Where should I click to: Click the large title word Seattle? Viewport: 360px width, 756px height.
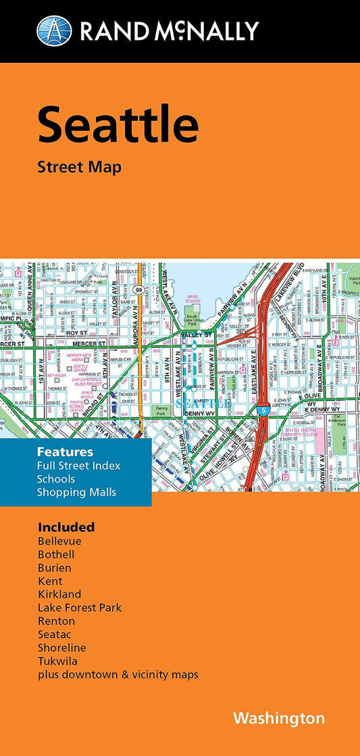pos(118,125)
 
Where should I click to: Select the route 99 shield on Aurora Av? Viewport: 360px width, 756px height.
pos(138,270)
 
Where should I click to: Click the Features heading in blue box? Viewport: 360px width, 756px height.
pos(66,451)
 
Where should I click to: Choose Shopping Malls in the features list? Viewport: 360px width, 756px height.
pos(77,492)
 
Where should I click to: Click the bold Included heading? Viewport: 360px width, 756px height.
pos(66,527)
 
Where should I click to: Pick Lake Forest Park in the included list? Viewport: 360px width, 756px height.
pos(80,607)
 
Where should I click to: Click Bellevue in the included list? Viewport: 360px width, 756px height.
pos(59,541)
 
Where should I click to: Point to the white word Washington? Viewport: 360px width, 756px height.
pos(279,717)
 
